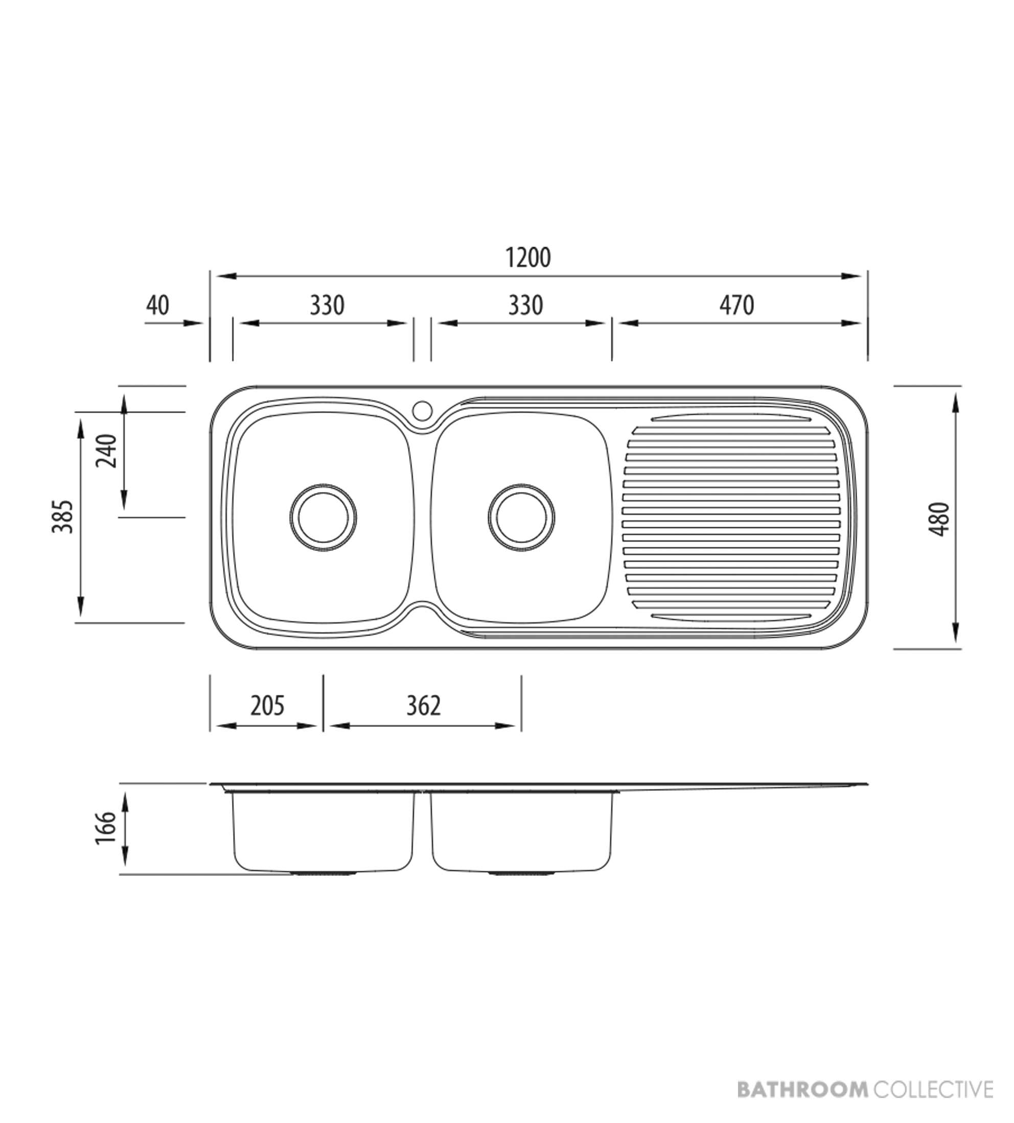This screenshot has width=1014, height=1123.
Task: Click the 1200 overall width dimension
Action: (x=527, y=258)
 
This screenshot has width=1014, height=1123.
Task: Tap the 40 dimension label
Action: (x=158, y=305)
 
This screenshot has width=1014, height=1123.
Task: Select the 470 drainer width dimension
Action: (x=736, y=305)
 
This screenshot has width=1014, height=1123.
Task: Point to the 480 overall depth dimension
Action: (x=940, y=519)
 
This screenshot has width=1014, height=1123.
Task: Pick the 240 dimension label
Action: (x=107, y=451)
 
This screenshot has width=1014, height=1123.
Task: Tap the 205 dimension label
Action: (x=267, y=706)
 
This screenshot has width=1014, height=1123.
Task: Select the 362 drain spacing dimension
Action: (x=423, y=706)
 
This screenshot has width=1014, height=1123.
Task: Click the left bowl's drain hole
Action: (x=323, y=517)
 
